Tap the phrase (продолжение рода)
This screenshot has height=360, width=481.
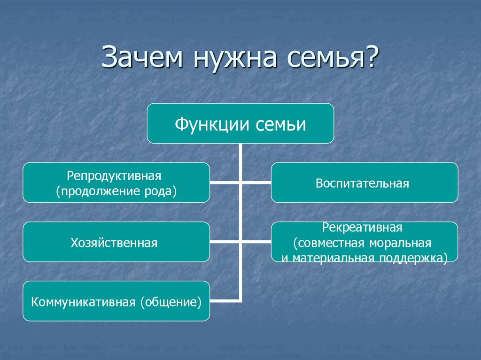pos(116,191)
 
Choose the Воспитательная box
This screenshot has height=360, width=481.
pos(364,183)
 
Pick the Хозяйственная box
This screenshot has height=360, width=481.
pos(116,242)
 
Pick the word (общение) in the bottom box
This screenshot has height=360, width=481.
pos(170,301)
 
